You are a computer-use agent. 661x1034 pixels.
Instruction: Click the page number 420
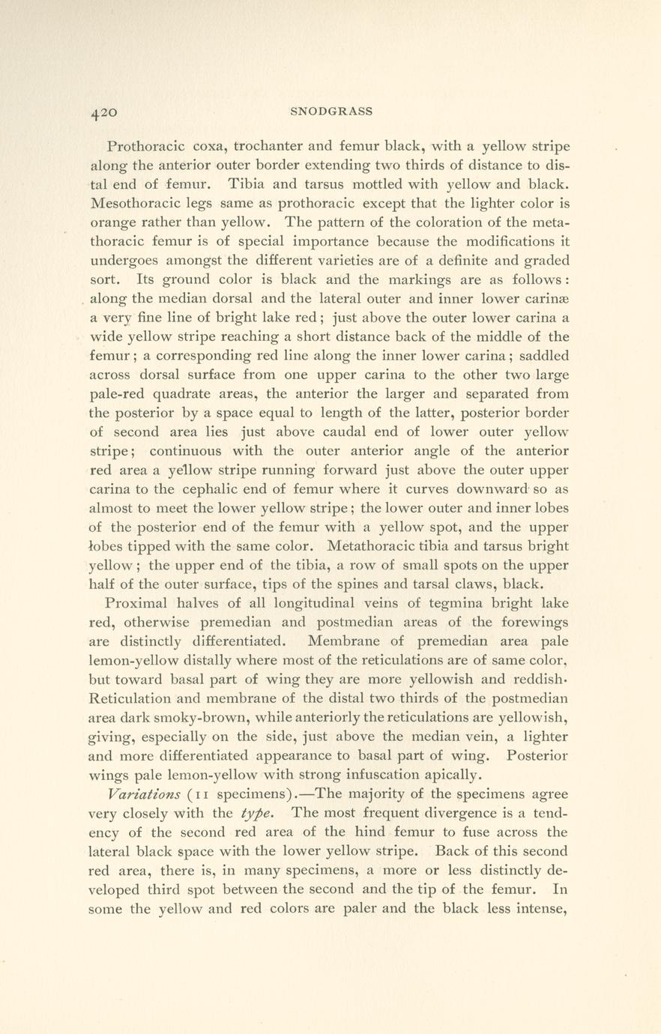pyautogui.click(x=103, y=112)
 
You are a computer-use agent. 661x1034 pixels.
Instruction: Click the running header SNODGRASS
pyautogui.click(x=330, y=112)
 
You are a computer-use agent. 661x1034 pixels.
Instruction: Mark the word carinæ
pyautogui.click(x=546, y=299)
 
